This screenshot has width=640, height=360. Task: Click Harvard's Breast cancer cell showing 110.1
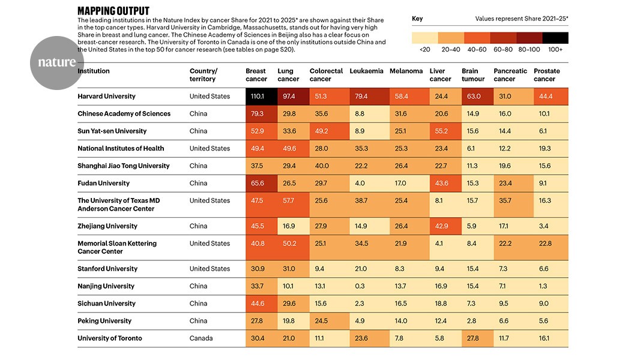(x=261, y=97)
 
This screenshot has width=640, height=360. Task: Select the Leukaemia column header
(x=366, y=71)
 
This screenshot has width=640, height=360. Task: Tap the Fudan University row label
(x=104, y=183)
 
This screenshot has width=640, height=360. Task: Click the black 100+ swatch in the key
(x=555, y=38)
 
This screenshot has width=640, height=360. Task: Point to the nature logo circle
(x=56, y=63)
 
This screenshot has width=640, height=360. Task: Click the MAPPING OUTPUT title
(x=113, y=11)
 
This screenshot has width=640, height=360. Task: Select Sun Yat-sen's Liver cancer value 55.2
(x=441, y=131)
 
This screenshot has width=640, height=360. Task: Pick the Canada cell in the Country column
(x=201, y=338)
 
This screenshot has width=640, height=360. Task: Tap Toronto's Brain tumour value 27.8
(x=472, y=338)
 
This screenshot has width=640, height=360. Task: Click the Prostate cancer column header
(x=546, y=75)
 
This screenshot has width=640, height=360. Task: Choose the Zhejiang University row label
(x=107, y=226)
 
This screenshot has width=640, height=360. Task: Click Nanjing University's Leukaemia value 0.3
(x=360, y=286)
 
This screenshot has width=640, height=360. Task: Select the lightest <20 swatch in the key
(x=425, y=38)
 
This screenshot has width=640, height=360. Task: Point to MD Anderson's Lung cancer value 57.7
(x=288, y=200)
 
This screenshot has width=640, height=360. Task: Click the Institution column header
(x=94, y=71)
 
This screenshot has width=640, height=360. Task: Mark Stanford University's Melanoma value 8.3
(x=400, y=269)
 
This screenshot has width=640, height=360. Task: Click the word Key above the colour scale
(x=417, y=19)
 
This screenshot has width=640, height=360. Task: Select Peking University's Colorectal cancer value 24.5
(x=321, y=321)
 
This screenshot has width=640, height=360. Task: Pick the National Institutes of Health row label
(x=121, y=148)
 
